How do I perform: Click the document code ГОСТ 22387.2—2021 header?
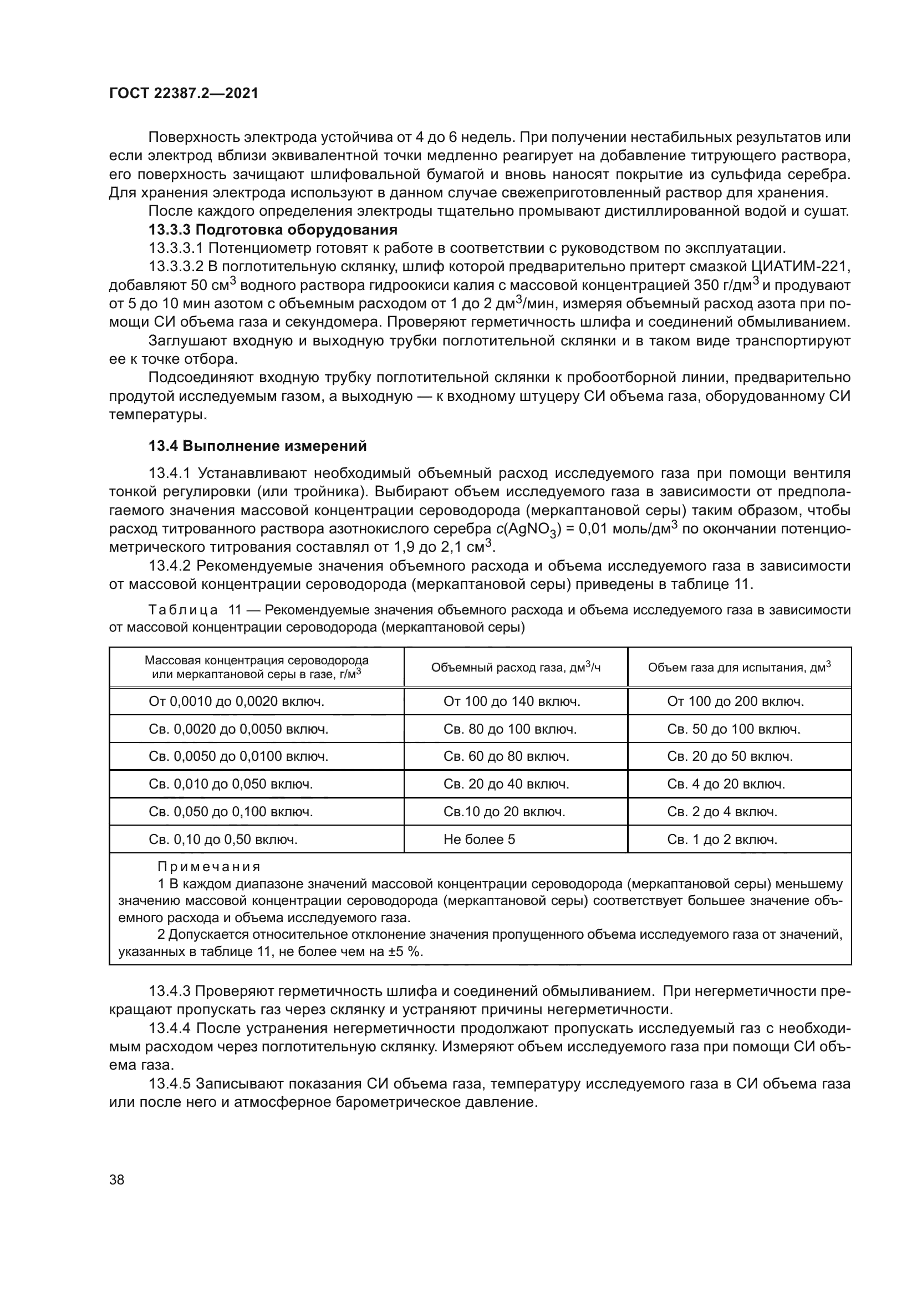(184, 94)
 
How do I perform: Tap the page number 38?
(117, 1179)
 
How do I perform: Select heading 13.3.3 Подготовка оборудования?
(273, 230)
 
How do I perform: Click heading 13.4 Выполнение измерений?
(257, 446)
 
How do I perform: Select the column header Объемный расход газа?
(516, 668)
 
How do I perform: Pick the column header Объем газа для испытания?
(739, 668)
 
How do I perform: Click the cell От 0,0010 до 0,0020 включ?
(236, 701)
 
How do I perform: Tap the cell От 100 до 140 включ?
(512, 701)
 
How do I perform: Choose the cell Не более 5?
(479, 840)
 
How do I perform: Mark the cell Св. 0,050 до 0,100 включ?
(231, 812)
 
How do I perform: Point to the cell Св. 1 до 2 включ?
(722, 840)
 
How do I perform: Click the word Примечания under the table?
(208, 867)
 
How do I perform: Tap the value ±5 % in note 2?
(403, 952)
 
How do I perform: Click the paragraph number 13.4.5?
(170, 1084)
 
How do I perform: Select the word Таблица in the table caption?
(183, 610)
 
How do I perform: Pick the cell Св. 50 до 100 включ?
(733, 729)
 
